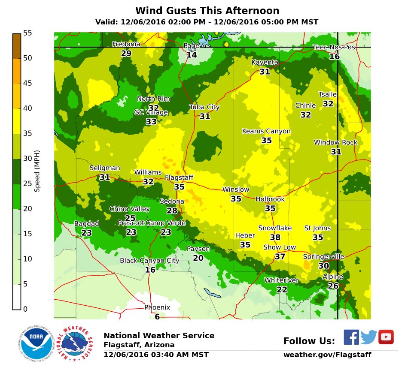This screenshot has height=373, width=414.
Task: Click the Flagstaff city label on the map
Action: (179, 177)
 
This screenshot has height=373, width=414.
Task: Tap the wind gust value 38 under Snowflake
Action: (275, 237)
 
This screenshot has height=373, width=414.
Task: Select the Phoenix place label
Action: (157, 307)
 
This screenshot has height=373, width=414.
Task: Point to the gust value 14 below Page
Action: (192, 55)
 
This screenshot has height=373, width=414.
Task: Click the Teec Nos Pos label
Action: (334, 47)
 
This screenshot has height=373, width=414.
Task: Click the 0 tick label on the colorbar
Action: (25, 309)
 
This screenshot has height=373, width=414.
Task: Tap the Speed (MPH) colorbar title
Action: (37, 171)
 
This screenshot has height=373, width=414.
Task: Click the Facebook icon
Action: (351, 337)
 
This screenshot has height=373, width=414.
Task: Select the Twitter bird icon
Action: (368, 337)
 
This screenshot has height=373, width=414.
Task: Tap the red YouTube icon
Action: (386, 337)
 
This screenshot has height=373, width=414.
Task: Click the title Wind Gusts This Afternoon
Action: (207, 11)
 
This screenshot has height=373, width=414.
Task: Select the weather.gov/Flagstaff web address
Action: (327, 355)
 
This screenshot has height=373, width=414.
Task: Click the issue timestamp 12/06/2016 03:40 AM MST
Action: (156, 355)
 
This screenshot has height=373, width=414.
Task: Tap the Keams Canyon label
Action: (266, 131)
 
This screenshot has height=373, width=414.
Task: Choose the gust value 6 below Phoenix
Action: (157, 317)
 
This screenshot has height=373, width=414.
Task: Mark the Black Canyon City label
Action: (149, 261)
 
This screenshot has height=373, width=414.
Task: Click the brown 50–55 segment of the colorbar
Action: (17, 46)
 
